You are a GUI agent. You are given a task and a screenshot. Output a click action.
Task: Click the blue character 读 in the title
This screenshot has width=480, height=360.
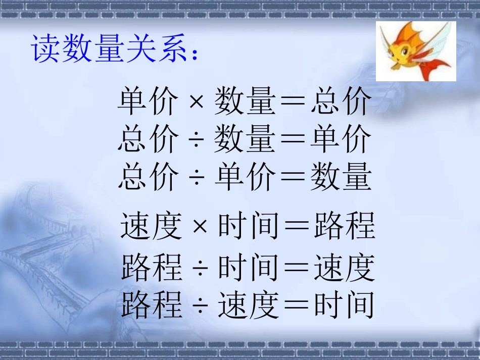46,49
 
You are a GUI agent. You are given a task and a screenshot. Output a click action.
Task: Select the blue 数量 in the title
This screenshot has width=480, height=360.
93,49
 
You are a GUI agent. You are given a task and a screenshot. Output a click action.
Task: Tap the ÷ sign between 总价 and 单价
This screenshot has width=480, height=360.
196,178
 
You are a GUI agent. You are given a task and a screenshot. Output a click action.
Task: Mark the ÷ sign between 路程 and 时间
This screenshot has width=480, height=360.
200,268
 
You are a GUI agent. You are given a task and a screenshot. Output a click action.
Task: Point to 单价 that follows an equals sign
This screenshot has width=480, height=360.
341,140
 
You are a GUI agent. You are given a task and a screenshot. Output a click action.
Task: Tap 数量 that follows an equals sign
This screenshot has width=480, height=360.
341,177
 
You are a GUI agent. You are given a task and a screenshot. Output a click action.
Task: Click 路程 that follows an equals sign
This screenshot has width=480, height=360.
345,226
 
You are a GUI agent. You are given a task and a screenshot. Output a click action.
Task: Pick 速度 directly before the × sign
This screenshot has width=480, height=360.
151,226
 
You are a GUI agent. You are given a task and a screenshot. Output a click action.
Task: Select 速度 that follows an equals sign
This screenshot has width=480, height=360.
345,268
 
